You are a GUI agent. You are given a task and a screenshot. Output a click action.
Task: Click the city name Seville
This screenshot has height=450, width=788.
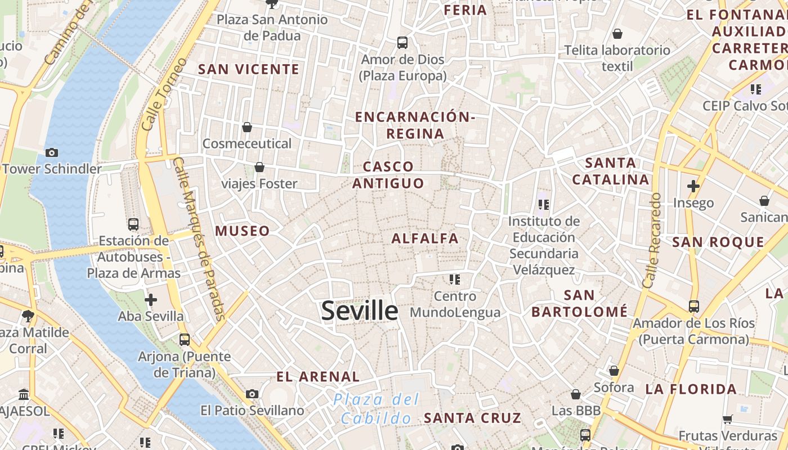[x=359, y=311]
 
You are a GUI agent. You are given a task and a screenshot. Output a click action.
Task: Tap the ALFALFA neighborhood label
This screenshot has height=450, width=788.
[x=425, y=238]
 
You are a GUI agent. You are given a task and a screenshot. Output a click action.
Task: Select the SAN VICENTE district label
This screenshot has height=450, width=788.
[x=249, y=69]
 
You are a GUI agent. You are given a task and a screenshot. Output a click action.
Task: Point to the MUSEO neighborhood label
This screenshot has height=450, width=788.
[x=243, y=231]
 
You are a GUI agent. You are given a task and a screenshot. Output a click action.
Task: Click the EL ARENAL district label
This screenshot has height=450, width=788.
[x=318, y=377]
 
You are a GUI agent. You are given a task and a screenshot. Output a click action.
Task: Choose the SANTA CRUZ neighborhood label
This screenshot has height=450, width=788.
[x=472, y=418]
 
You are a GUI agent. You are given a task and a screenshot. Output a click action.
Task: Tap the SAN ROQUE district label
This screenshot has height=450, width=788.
[x=718, y=242]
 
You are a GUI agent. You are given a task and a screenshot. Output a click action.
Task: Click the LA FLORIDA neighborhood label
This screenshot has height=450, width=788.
[x=691, y=389]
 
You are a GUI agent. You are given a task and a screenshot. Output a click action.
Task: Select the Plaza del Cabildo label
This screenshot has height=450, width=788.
[x=376, y=409]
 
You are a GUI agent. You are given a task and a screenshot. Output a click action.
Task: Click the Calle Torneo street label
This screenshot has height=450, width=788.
[x=164, y=94]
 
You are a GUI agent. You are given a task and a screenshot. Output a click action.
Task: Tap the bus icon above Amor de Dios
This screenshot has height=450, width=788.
[x=402, y=42]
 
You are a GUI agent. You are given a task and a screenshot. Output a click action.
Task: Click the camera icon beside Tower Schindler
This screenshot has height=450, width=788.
[x=52, y=152]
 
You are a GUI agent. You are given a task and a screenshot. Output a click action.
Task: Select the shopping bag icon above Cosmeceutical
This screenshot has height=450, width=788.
[x=247, y=128]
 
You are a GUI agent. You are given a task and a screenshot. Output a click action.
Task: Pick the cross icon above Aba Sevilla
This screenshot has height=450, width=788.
[x=151, y=300]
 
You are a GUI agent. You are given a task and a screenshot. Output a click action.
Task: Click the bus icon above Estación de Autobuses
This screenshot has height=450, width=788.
[x=133, y=224]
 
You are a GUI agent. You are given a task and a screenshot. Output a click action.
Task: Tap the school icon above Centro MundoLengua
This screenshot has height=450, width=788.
[x=455, y=279]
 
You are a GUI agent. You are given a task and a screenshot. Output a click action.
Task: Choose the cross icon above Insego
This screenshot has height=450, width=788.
[x=693, y=186]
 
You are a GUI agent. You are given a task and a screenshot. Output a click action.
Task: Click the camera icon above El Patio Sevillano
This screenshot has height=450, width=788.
[x=252, y=394]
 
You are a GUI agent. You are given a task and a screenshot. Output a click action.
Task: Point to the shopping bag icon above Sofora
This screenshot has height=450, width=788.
[x=614, y=371]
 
